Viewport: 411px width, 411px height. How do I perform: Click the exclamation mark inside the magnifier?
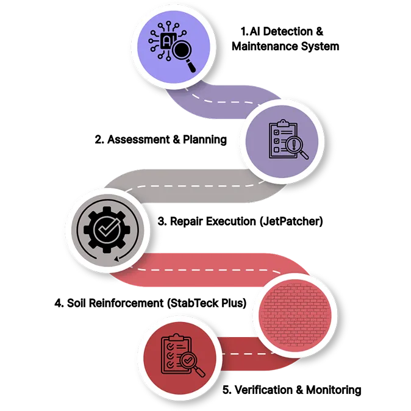295,145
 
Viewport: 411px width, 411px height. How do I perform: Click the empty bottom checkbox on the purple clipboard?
276,149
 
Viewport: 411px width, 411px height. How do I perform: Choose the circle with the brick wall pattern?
295,312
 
